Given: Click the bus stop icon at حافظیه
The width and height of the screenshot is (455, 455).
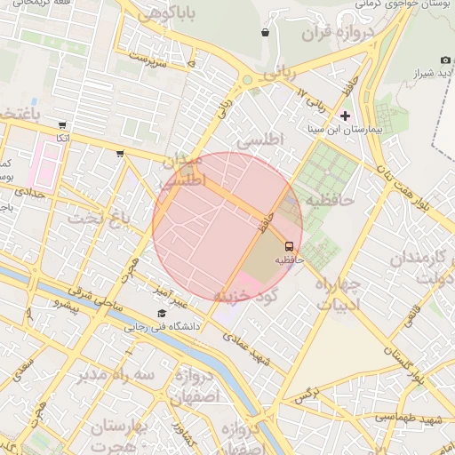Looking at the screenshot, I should [289, 245].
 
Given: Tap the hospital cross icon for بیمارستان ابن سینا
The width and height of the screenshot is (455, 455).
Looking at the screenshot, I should [346, 116].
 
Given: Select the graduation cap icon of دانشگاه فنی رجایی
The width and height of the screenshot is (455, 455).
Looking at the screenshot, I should [162, 314].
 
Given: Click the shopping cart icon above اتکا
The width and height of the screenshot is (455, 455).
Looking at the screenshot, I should [60, 125].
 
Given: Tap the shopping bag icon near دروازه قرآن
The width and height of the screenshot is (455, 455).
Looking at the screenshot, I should [265, 33].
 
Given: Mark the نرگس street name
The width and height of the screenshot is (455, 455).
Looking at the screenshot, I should [307, 393].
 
